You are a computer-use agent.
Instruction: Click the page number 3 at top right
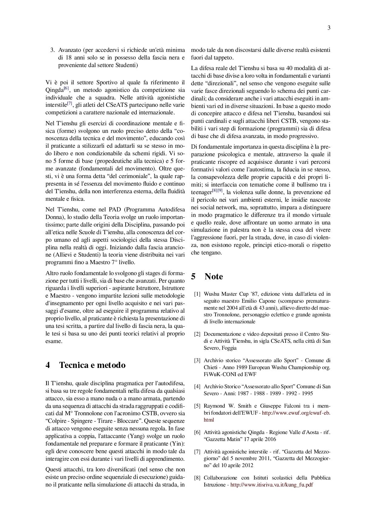pos(329,28)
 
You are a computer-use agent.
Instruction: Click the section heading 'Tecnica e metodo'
pos(92,365)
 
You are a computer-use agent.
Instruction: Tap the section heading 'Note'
pos(213,276)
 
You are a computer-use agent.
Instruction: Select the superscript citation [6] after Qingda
pos(66,88)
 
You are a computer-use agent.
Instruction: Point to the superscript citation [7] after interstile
pos(70,103)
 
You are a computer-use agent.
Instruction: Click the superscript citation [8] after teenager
pos(214,190)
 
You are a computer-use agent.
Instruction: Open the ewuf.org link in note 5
pos(296,413)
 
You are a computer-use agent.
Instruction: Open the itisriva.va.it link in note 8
pos(271,485)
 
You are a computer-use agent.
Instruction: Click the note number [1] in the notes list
pos(197,294)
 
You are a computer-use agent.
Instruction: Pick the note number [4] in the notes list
pos(197,387)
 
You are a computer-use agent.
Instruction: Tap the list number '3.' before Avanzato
pos(52,50)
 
